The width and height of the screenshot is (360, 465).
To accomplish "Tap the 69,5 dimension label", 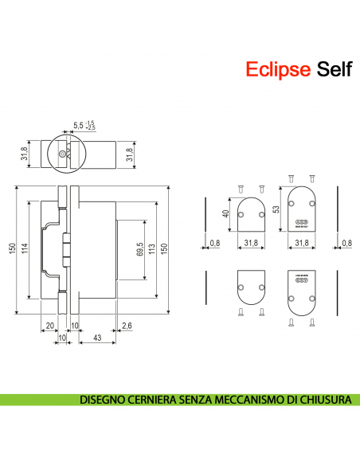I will point(139,250).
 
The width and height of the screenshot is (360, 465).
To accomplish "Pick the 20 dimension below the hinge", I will point(49,325).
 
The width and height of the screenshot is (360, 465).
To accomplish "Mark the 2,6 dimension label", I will point(128,325).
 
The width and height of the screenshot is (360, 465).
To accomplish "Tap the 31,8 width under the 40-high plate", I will point(251,243).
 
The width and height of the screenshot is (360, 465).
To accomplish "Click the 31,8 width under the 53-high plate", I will point(302,243).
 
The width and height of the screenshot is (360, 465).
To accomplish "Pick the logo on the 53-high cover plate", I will point(302,224).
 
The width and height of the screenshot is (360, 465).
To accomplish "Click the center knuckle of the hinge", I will point(66,249).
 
